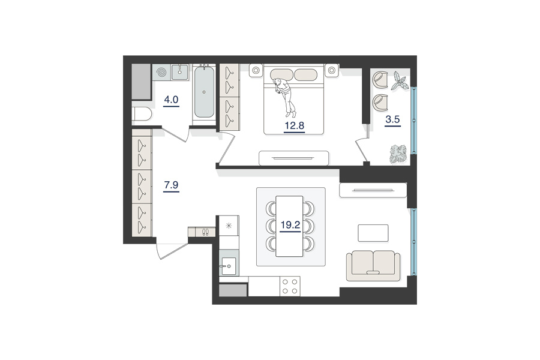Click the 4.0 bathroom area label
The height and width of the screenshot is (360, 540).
(171, 100)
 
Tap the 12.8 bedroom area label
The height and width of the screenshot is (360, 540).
(295, 126)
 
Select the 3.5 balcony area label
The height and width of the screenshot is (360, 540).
(392, 119)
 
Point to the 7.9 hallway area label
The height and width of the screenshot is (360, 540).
(171, 185)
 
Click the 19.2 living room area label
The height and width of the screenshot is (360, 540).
(290, 226)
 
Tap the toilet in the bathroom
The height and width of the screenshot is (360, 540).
(142, 114)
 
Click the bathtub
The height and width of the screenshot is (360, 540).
(204, 92)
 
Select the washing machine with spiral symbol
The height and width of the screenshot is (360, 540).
(161, 73)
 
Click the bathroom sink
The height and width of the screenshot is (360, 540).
(180, 73)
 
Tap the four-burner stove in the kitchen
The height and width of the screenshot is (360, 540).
(290, 286)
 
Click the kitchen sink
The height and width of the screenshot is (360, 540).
(229, 266)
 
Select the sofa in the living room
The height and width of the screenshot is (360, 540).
(373, 266)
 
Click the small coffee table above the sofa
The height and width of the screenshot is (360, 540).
(373, 233)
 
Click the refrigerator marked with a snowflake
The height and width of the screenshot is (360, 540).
(229, 226)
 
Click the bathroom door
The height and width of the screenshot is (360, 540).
(175, 134)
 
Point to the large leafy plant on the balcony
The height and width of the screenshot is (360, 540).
(398, 154)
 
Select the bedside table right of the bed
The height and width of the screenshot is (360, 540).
(332, 71)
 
